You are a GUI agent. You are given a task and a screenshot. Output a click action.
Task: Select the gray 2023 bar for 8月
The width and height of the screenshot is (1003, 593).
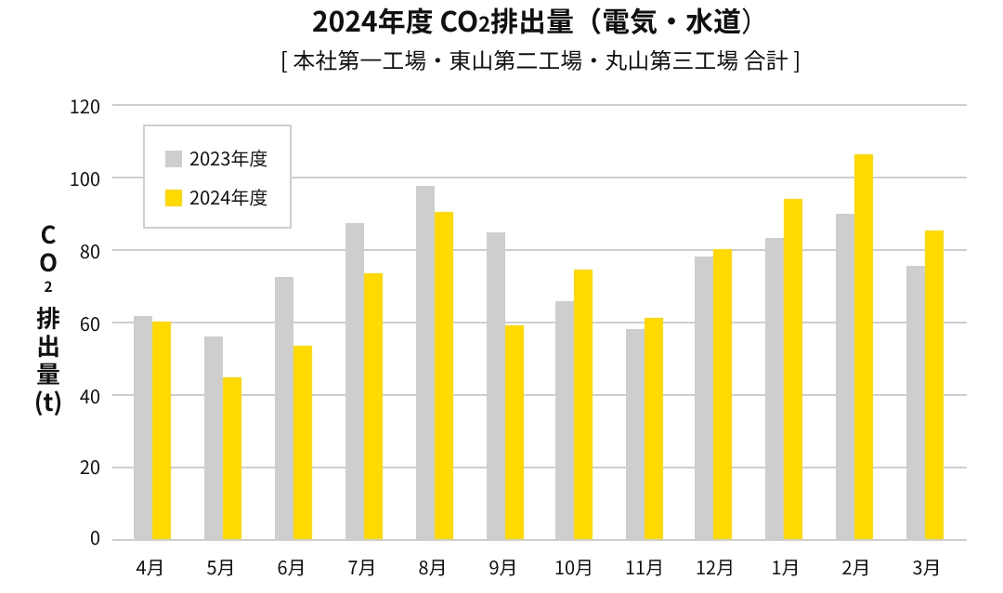(425, 362)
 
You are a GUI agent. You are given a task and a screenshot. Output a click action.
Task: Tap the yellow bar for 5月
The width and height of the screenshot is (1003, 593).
(232, 458)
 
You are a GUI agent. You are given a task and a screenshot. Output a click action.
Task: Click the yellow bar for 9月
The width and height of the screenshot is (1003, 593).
(515, 432)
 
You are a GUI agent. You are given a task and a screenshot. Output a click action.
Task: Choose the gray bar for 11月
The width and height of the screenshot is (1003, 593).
(635, 434)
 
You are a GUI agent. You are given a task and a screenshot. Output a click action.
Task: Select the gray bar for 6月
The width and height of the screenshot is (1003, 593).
(284, 408)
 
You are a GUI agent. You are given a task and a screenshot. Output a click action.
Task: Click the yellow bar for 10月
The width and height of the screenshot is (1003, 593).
(583, 404)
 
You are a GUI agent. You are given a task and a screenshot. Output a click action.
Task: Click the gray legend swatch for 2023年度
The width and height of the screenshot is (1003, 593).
(174, 158)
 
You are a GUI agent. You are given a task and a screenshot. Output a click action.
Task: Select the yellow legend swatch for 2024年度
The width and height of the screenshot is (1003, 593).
(174, 197)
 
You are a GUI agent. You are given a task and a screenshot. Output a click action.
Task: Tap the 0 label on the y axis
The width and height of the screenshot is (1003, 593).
(95, 539)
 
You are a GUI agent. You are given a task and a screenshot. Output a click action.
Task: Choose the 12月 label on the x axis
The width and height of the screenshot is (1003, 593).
(714, 567)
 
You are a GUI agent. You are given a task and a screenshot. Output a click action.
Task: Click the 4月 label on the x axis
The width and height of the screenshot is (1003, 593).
(150, 567)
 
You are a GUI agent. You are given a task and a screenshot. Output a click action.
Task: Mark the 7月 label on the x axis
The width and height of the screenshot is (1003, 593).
(361, 567)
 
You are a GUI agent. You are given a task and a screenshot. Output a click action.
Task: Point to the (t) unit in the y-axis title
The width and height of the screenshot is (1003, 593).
(48, 403)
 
